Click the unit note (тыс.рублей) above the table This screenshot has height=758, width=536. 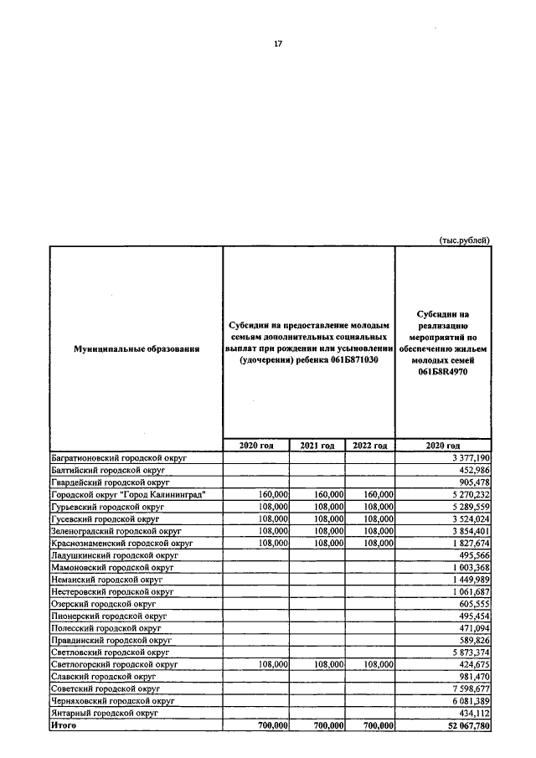pyautogui.click(x=464, y=240)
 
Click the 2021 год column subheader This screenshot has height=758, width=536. pyautogui.click(x=317, y=446)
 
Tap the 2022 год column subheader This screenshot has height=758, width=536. pyautogui.click(x=369, y=446)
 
